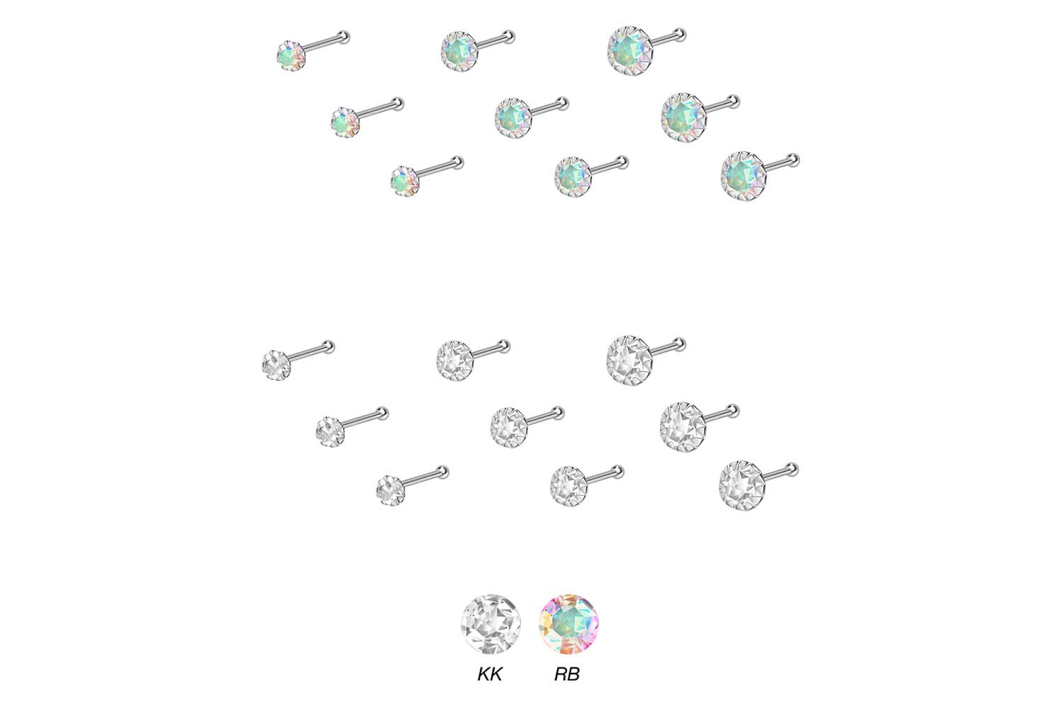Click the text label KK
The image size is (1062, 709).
(x=490, y=674)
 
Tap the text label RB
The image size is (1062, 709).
(x=567, y=674)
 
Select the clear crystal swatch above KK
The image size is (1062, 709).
(x=491, y=625)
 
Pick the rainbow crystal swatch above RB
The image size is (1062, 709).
(x=569, y=625)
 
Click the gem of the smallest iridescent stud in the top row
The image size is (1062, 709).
(x=291, y=56)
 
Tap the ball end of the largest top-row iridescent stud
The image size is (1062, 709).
(x=680, y=35)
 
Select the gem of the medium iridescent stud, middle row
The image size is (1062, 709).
(x=513, y=118)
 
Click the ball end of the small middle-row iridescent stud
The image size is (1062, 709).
(x=397, y=104)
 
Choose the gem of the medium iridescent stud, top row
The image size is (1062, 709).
(x=459, y=52)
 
